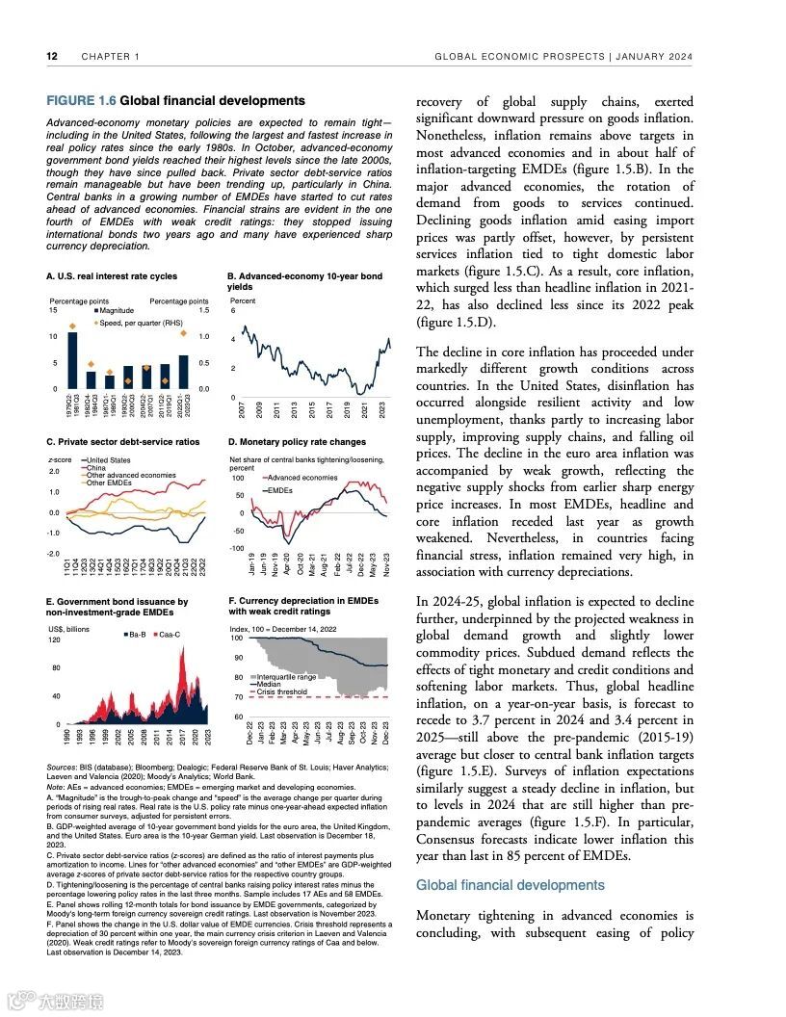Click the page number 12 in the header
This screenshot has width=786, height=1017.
[53, 56]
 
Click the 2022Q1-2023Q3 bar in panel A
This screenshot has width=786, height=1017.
[183, 369]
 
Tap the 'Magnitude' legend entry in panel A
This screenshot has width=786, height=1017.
[118, 310]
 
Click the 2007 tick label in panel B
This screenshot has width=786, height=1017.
[242, 409]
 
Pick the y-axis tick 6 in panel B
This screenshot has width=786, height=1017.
[232, 310]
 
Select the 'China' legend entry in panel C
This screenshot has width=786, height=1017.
[96, 467]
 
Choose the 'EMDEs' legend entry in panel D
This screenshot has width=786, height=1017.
[280, 490]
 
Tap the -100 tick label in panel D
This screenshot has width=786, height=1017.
[236, 548]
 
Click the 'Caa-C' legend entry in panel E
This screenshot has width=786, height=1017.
[170, 635]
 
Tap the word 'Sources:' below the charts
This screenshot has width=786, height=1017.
[64, 767]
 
